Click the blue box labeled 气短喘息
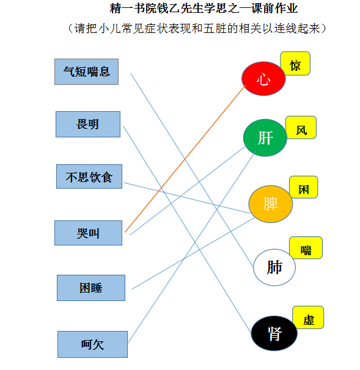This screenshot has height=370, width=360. (86, 71)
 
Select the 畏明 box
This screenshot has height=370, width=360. (88, 124)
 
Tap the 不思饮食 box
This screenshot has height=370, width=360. (89, 176)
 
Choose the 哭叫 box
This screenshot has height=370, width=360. (89, 233)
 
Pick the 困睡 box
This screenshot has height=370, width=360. (91, 288)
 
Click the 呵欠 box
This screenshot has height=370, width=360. (93, 344)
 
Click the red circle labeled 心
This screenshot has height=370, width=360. (263, 79)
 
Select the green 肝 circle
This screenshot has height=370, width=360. (265, 138)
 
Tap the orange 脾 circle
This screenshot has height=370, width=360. (271, 204)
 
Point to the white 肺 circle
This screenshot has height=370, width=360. (274, 267)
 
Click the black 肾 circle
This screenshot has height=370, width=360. (274, 333)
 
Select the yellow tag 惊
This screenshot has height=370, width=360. (295, 63)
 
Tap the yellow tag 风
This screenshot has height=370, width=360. (301, 128)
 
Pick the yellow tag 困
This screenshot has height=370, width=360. (304, 187)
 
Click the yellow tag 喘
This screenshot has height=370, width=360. (306, 248)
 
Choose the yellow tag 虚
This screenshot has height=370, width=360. (308, 317)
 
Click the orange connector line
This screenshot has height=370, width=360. (185, 159)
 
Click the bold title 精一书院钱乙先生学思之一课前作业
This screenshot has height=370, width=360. (204, 9)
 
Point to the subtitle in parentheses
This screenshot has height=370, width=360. (197, 29)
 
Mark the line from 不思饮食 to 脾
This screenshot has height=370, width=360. (187, 198)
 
